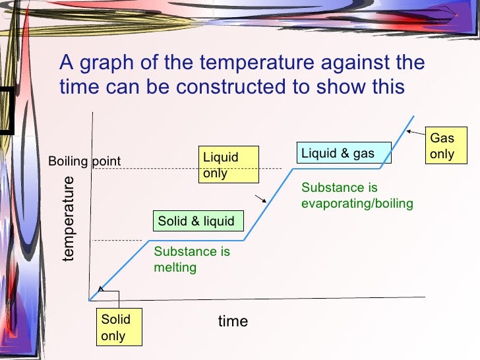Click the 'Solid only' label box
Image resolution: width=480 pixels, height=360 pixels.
pyautogui.click(x=116, y=328)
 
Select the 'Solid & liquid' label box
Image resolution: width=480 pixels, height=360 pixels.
pyautogui.click(x=196, y=221)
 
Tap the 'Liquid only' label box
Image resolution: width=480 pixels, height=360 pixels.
pyautogui.click(x=229, y=165)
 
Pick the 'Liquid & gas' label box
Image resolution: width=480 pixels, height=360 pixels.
pyautogui.click(x=338, y=154)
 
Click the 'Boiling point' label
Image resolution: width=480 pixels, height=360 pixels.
pyautogui.click(x=84, y=162)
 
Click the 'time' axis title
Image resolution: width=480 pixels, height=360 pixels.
pyautogui.click(x=233, y=321)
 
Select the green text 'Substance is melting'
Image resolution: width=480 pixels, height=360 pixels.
pyautogui.click(x=191, y=259)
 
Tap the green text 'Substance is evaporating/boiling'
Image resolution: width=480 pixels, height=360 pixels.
pyautogui.click(x=357, y=196)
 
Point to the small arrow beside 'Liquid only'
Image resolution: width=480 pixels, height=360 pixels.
pyautogui.click(x=262, y=197)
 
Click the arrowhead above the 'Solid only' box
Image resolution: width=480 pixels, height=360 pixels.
pyautogui.click(x=100, y=287)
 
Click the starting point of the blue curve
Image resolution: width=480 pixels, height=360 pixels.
pyautogui.click(x=90, y=300)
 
